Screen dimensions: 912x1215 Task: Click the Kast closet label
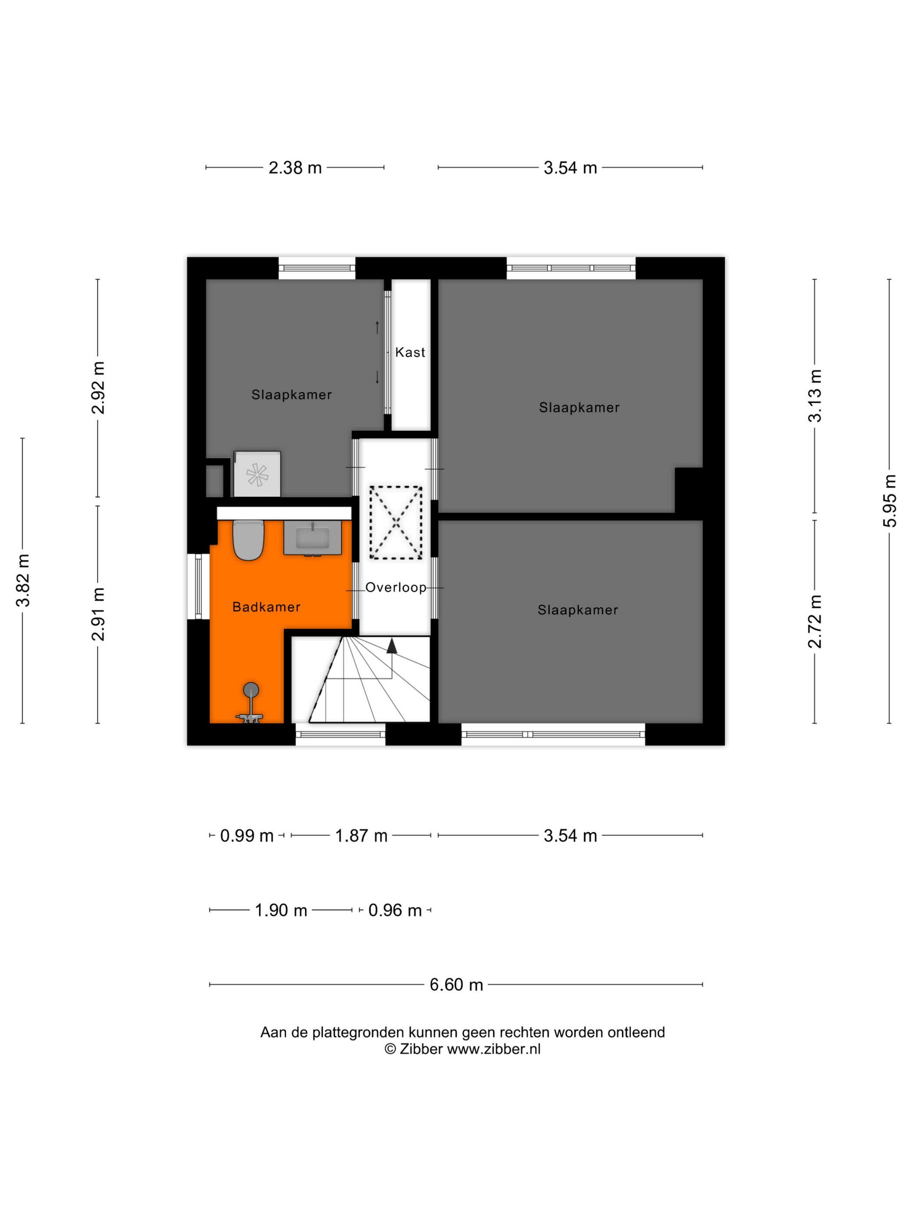coord(410,352)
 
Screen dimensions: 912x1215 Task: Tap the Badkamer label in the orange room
coord(266,607)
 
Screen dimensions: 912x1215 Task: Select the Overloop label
coord(396,588)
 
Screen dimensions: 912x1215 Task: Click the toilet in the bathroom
coord(248,540)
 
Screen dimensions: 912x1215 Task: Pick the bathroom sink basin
coord(313,538)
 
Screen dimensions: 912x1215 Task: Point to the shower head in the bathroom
coord(251,690)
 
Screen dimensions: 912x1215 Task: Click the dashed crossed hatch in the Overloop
coord(396,522)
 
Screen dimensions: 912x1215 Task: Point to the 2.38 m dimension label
coord(295,167)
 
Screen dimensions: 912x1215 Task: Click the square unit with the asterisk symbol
coord(257,474)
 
